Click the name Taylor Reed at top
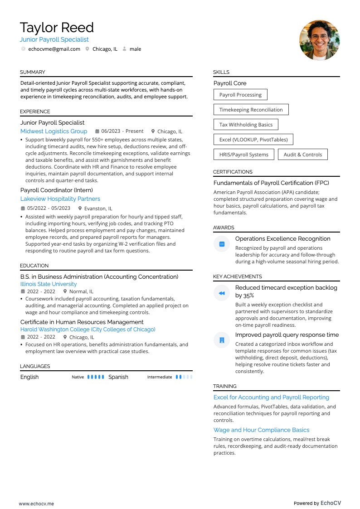[57, 28]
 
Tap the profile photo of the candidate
[319, 40]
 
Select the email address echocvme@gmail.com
[54, 49]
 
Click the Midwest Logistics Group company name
[54, 131]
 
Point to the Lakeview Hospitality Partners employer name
[60, 199]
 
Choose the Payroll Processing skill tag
[240, 95]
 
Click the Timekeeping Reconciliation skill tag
[251, 110]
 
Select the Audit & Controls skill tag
[302, 155]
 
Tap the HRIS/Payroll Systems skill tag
[243, 155]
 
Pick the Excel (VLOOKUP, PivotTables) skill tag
[253, 140]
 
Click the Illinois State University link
[49, 284]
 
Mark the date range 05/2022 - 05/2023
[49, 208]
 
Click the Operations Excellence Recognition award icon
[222, 244]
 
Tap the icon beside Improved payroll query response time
[222, 340]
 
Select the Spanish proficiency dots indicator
[184, 377]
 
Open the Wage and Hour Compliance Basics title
[261, 430]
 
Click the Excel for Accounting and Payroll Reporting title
[271, 397]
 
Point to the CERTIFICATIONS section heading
[233, 172]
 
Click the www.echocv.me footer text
[36, 503]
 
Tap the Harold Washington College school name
[88, 330]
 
